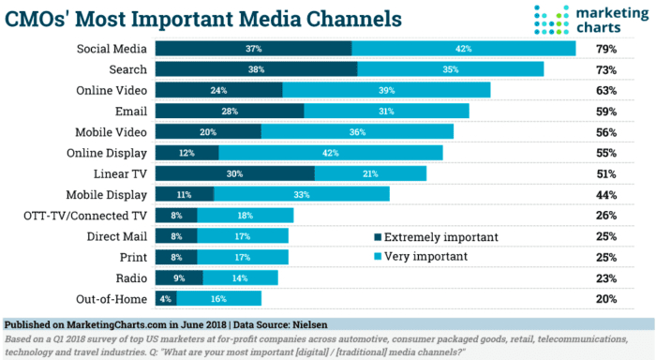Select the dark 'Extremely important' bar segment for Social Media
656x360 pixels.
(253, 49)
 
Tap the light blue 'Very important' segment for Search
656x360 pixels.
(450, 69)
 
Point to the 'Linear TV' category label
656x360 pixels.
(118, 173)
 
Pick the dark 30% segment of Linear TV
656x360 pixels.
(234, 173)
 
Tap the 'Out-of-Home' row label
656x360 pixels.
(112, 298)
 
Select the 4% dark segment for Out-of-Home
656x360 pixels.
(166, 298)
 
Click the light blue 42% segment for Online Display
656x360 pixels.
(330, 153)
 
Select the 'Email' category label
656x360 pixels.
(130, 112)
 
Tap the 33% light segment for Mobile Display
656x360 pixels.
(302, 195)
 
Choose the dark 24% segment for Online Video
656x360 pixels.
(218, 90)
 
